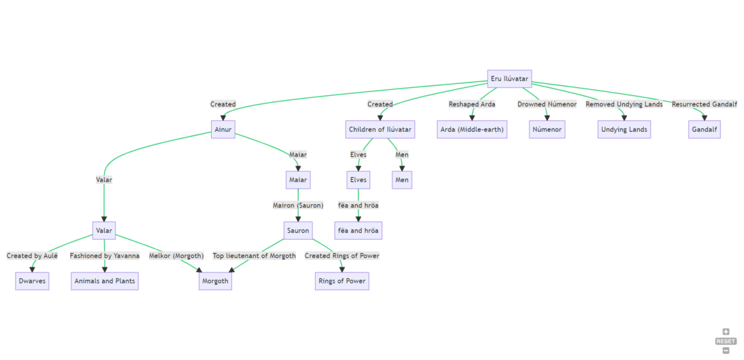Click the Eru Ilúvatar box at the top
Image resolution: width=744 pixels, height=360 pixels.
(509, 79)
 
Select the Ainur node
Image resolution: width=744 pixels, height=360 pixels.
(223, 129)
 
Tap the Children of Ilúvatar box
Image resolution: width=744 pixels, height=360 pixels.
(379, 129)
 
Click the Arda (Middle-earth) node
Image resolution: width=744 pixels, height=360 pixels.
(472, 129)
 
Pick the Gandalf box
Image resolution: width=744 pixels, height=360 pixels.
(704, 129)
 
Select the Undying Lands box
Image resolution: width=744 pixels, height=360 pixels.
(624, 129)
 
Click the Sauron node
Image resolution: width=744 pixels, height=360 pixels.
(298, 231)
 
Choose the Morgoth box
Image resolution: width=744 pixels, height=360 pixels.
(215, 281)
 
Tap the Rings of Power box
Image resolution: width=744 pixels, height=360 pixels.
(342, 281)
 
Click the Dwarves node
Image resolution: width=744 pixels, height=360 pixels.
(32, 281)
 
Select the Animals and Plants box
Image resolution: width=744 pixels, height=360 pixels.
(104, 281)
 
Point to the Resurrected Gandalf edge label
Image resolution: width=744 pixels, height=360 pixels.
(704, 104)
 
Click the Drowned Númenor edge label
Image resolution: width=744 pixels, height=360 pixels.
(547, 104)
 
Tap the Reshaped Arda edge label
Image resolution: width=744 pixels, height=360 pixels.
(472, 104)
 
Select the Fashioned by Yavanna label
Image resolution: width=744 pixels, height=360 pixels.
(104, 256)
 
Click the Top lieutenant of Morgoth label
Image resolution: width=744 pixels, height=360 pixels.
(254, 256)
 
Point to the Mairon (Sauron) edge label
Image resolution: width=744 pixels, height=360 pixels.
(298, 205)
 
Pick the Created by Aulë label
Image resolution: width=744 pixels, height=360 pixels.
(32, 256)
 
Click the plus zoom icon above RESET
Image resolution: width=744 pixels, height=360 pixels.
(726, 332)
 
